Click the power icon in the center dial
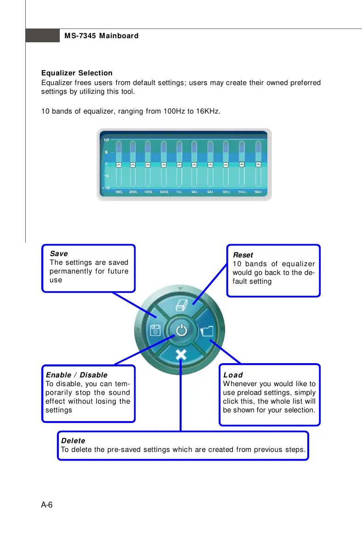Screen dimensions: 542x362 [x=182, y=331]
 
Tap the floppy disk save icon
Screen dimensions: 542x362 [x=155, y=331]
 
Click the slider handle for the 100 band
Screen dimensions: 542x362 [x=119, y=164]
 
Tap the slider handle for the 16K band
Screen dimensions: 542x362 [x=258, y=164]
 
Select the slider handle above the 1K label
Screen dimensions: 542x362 [x=179, y=164]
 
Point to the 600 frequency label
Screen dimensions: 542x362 [x=164, y=192]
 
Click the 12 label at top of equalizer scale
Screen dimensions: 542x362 [x=106, y=139]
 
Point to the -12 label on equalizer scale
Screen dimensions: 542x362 [x=106, y=188]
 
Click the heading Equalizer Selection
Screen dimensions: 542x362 [x=77, y=73]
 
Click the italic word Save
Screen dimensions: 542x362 [x=59, y=254]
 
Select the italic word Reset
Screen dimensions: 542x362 [x=243, y=255]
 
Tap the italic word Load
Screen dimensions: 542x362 [x=233, y=375]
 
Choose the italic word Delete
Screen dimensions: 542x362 [x=73, y=441]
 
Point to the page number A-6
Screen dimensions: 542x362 [x=47, y=505]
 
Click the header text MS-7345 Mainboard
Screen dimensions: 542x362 [x=101, y=35]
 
